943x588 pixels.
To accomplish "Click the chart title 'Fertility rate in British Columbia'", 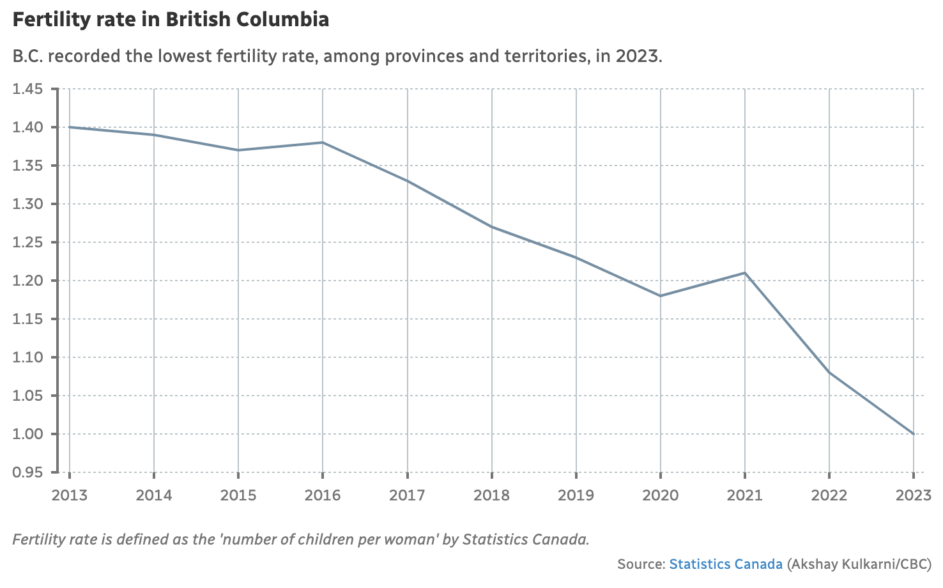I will coord(171,19).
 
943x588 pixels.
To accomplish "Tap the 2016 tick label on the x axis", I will coord(323,495).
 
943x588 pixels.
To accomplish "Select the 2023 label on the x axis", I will coord(913,495).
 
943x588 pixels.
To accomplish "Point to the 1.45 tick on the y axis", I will coord(27,89).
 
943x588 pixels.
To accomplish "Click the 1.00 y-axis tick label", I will coord(27,434).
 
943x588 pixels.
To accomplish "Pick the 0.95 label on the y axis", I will coord(27,472).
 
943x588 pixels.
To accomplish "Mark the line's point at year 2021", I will coord(745,273).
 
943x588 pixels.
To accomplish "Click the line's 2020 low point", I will coord(661,296).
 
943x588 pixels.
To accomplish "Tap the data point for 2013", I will coord(70,127).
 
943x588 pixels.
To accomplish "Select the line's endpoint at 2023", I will coord(914,434).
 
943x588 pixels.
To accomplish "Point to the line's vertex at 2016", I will coord(323,143).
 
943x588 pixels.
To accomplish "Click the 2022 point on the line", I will coord(829,373).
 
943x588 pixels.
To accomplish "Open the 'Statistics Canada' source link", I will coord(726,564).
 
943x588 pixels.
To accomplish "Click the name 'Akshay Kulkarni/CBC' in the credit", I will coord(859,564).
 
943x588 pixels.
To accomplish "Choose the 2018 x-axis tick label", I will coord(491,495).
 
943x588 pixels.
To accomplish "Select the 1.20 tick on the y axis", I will coord(27,281).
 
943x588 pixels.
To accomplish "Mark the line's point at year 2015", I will coord(238,150).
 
